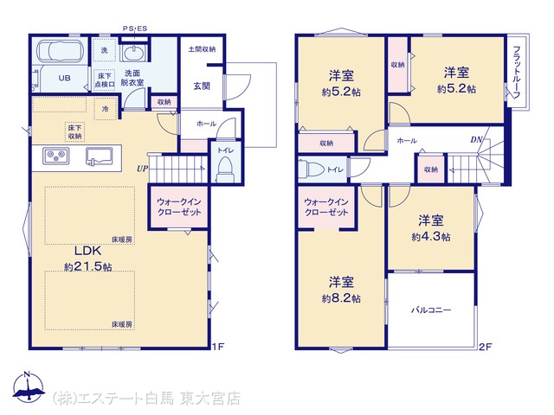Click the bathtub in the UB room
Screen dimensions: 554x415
[60, 51]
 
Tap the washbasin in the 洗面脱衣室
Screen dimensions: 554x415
[133, 54]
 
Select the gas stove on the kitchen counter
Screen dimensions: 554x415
[55, 156]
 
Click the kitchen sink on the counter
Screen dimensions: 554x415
[99, 156]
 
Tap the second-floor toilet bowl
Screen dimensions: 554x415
[312, 169]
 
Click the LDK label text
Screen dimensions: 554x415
[87, 251]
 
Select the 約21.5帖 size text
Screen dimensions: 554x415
[88, 267]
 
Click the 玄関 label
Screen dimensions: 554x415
[202, 86]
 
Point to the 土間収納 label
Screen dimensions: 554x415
[202, 49]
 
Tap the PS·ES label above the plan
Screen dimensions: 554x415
[135, 29]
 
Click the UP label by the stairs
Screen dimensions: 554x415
[142, 169]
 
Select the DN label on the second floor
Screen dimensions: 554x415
[476, 140]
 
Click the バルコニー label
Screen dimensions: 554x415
[431, 310]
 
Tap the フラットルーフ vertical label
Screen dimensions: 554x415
[517, 73]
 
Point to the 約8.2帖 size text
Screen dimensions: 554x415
[341, 298]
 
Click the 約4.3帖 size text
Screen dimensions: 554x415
[431, 237]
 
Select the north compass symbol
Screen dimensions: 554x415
[29, 386]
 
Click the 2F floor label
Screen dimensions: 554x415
[486, 347]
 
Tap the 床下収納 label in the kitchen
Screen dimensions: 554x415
[75, 132]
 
